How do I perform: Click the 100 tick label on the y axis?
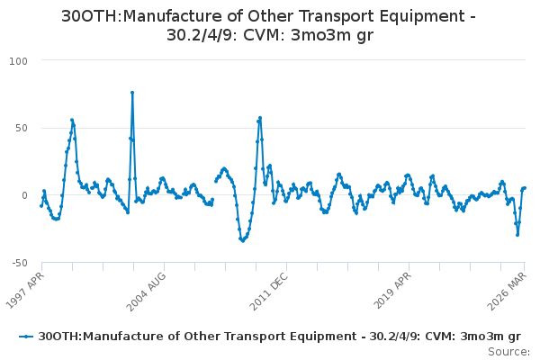point(18,61)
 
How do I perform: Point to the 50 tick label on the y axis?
point(22,128)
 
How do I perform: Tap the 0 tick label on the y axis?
point(24,195)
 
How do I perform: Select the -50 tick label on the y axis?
point(20,263)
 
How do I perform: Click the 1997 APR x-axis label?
point(25,290)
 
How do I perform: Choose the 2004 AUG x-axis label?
point(147,291)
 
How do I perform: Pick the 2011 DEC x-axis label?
point(269,291)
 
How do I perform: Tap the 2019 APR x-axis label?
point(392,291)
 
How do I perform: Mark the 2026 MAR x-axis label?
point(507,291)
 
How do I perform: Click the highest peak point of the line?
point(132,93)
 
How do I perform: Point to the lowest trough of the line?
point(243,241)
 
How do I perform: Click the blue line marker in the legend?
point(26,337)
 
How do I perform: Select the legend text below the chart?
point(279,337)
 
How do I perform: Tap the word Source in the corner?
point(508,352)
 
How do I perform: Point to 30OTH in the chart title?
point(89,16)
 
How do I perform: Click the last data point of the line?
point(525,188)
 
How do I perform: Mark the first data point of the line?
point(41,206)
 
